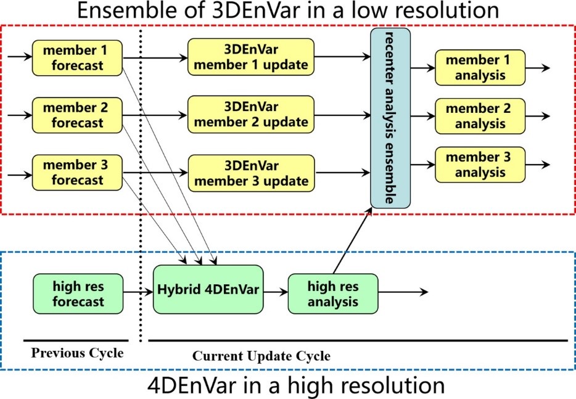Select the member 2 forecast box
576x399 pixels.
(77, 115)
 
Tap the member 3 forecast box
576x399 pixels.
(77, 172)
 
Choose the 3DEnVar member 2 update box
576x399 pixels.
(250, 115)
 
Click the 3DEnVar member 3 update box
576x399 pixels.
(250, 172)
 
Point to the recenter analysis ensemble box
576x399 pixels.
(390, 117)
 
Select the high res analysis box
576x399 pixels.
(333, 294)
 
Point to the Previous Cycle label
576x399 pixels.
(77, 353)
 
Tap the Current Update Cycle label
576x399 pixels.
(261, 356)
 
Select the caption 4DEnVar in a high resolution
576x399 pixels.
(296, 385)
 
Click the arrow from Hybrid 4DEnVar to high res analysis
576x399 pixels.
(275, 291)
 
